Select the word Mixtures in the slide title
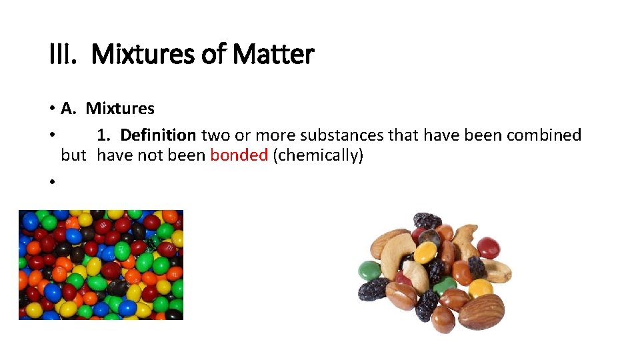(x=143, y=54)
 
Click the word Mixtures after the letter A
(x=120, y=109)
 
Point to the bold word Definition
(x=158, y=135)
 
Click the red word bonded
(x=239, y=156)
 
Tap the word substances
(x=341, y=135)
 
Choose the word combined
(x=543, y=135)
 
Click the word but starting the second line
(x=73, y=156)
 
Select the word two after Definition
(x=215, y=135)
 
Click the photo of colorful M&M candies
(x=101, y=265)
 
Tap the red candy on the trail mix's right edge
(x=489, y=248)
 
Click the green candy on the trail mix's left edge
(x=369, y=270)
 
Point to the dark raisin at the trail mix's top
(x=427, y=221)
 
